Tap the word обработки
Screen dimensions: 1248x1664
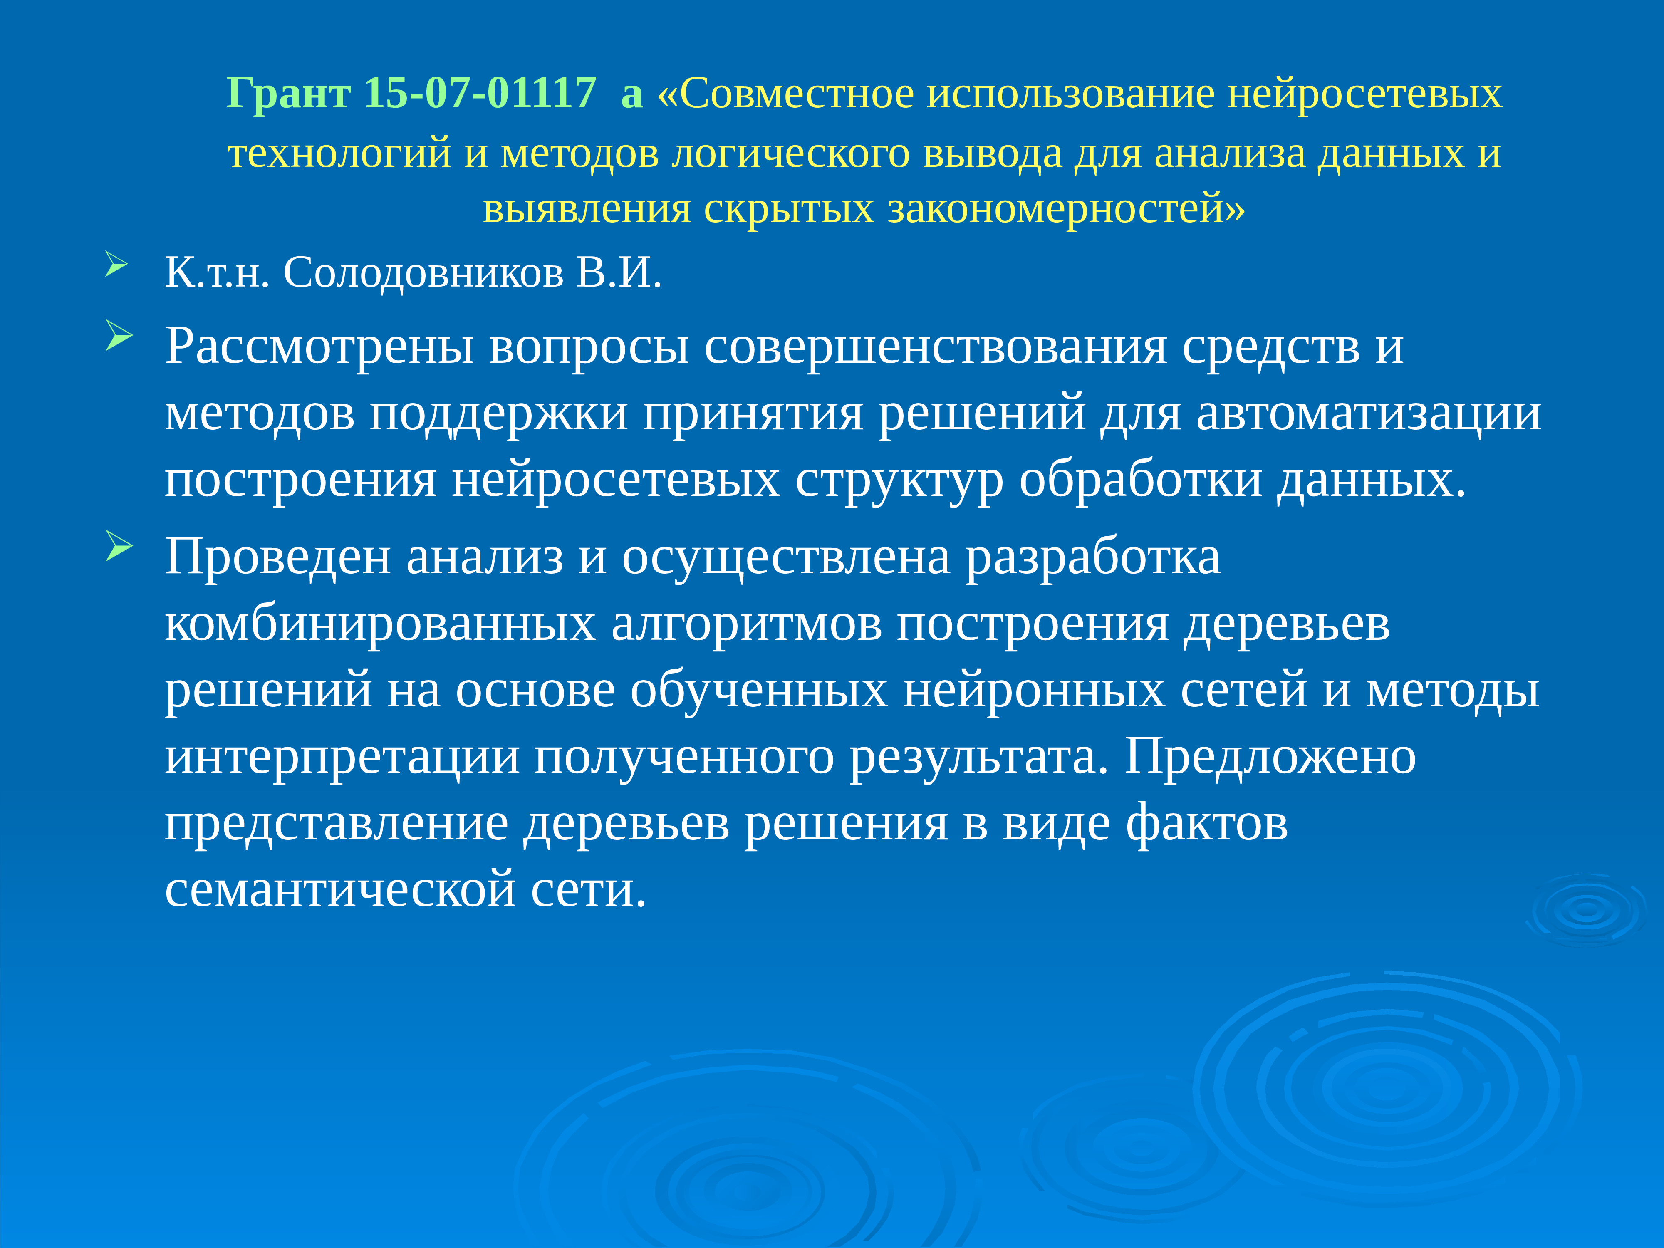pyautogui.click(x=1140, y=480)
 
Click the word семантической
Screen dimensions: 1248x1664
pyautogui.click(x=340, y=889)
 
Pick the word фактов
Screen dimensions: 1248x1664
pyautogui.click(x=1207, y=823)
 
